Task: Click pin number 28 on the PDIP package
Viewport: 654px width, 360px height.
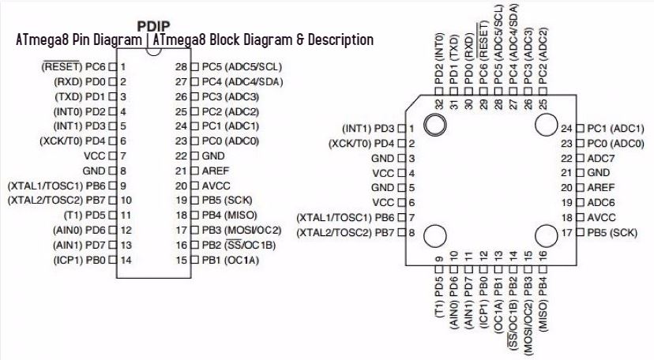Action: coord(182,67)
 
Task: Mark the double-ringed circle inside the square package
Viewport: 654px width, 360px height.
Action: coord(434,126)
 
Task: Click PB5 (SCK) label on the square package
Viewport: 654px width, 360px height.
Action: coord(611,232)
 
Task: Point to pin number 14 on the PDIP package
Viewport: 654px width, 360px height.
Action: coord(125,259)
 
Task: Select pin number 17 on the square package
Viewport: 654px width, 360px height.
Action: coord(566,232)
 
